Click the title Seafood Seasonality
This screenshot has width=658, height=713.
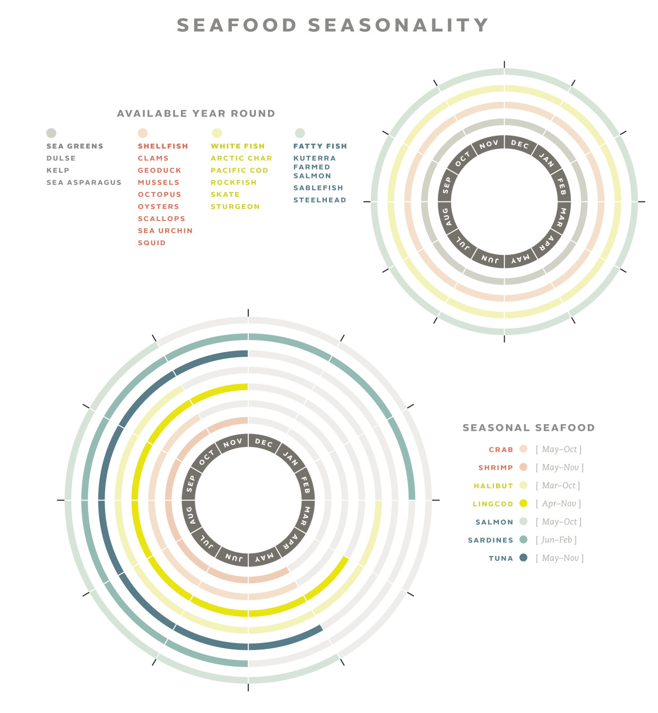tap(333, 25)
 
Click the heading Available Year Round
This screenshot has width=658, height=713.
tap(196, 113)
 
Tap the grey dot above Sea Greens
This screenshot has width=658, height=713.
tap(51, 133)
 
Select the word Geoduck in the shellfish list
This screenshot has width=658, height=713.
tap(159, 170)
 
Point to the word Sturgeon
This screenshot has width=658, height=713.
tap(235, 207)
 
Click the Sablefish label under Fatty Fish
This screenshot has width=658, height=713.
tap(318, 188)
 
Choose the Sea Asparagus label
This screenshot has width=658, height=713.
tap(84, 182)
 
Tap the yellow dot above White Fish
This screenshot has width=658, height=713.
tap(217, 133)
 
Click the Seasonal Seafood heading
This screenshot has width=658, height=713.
tap(529, 428)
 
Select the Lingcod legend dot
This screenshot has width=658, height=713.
tap(523, 503)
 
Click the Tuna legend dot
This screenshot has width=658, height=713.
tap(523, 558)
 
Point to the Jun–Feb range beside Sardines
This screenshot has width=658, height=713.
tap(556, 540)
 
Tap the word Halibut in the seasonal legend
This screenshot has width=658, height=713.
tap(493, 486)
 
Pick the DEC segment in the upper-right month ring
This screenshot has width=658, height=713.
tap(520, 144)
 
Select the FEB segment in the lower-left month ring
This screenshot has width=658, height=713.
tap(306, 484)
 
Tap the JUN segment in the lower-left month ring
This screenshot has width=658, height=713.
tap(233, 557)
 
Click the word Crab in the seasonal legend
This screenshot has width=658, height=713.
tap(501, 450)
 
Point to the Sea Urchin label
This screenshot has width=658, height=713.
tap(165, 231)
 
